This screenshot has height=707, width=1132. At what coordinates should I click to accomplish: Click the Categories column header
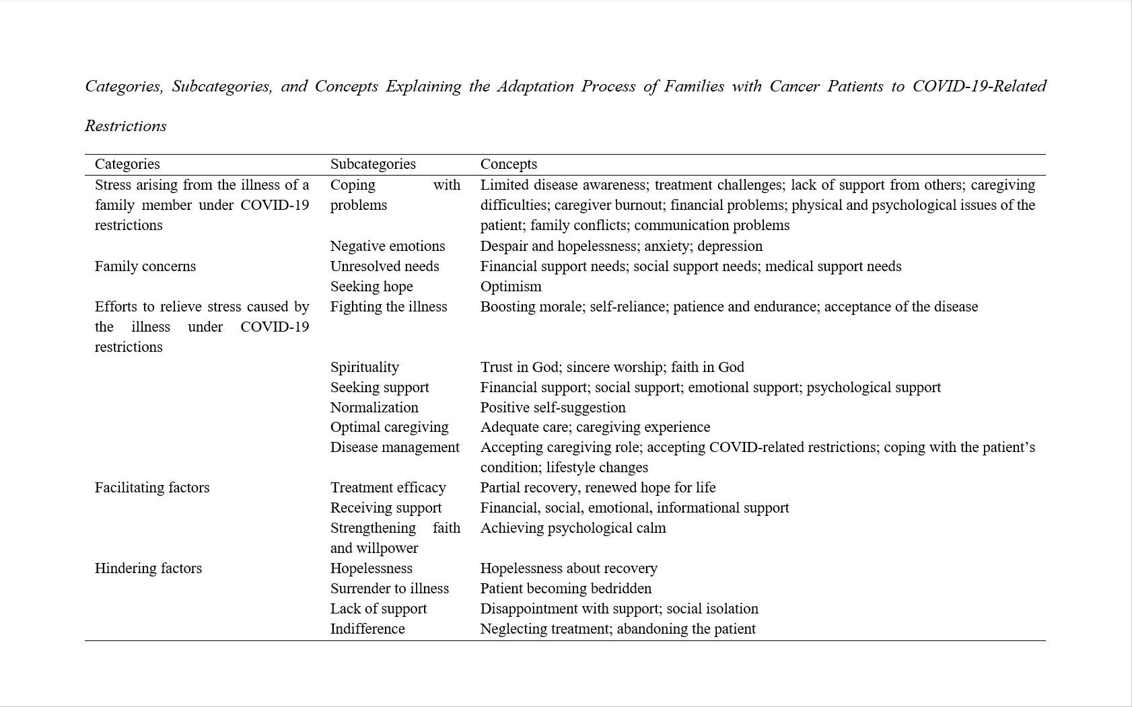pos(127,164)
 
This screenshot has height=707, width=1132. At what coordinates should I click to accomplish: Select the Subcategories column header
pos(373,164)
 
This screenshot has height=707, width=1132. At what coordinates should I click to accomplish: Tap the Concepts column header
pos(508,164)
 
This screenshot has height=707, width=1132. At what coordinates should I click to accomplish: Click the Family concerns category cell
pos(145,266)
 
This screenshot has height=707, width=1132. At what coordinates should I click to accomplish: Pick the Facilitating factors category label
pos(152,488)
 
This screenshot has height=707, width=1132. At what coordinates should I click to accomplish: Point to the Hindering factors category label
pos(148,568)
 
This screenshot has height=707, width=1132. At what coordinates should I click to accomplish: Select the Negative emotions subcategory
pos(388,246)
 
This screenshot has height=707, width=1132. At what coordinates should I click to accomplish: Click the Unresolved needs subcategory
pos(384,266)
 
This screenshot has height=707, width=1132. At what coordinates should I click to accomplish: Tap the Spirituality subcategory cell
pos(365,367)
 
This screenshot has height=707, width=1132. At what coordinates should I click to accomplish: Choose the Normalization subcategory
pos(374,408)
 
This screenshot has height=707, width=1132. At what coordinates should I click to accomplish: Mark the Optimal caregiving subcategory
pos(389,427)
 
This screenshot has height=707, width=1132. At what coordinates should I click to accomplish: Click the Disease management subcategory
pos(395,447)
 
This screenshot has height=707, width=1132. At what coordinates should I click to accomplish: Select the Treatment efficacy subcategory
pos(388,488)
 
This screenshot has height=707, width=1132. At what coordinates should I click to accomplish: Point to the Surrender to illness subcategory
pos(390,589)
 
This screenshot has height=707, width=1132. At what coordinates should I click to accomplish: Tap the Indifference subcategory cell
pos(367,629)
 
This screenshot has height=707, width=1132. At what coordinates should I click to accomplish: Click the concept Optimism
pos(511,287)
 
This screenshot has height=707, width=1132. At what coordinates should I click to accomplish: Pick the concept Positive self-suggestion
pos(553,408)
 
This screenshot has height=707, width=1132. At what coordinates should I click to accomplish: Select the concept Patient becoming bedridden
pos(566,589)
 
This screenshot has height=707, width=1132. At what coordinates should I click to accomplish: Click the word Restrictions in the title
pos(126,126)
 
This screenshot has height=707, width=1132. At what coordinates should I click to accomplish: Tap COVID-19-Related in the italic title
pos(979,87)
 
